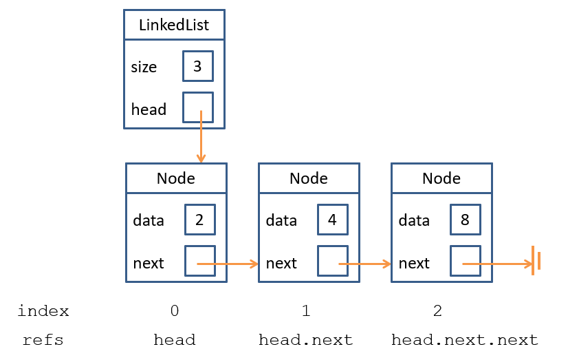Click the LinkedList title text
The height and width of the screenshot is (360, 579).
click(x=174, y=25)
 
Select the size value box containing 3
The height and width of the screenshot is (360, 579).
click(x=198, y=66)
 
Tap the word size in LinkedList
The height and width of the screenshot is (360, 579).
click(x=144, y=67)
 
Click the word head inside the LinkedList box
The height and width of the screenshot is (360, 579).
click(x=149, y=109)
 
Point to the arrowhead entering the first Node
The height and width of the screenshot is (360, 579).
click(x=201, y=159)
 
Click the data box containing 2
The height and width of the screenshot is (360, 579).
click(x=200, y=220)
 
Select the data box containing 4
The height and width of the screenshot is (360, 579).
click(x=333, y=220)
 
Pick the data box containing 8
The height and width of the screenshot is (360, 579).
click(x=466, y=220)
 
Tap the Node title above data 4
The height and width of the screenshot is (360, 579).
click(x=308, y=178)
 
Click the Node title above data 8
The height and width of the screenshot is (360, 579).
click(x=441, y=178)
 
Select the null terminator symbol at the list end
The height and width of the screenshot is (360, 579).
click(x=536, y=261)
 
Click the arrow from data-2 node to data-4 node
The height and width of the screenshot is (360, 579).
click(x=228, y=264)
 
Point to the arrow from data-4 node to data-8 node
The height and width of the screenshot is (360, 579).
click(x=365, y=264)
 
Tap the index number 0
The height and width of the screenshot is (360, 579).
click(x=175, y=311)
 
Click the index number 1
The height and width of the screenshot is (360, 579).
click(x=306, y=311)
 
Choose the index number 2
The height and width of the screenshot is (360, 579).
click(x=437, y=311)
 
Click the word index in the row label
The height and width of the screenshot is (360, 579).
click(x=43, y=311)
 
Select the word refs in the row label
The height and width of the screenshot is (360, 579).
click(x=43, y=340)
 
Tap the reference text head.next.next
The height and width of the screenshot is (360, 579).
click(x=465, y=339)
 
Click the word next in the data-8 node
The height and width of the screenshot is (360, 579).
click(x=414, y=264)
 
